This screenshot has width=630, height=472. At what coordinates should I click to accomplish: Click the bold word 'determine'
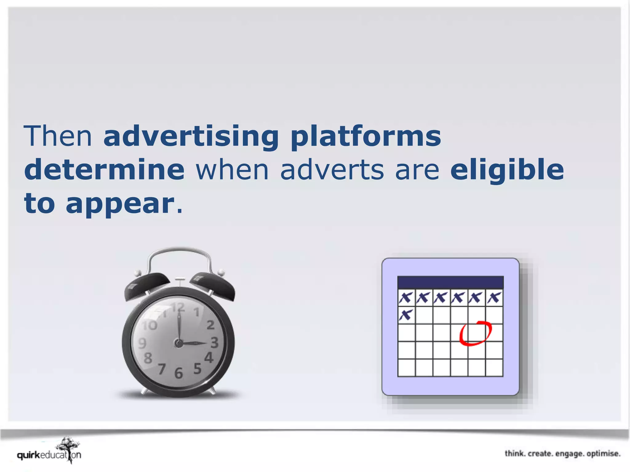104,170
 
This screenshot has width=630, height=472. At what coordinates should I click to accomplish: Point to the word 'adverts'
332,170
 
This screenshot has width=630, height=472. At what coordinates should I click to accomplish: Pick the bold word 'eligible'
507,170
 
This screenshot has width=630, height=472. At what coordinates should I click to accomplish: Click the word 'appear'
120,203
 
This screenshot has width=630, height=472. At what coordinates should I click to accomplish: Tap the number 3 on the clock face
214,342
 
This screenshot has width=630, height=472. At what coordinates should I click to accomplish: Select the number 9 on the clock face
142,343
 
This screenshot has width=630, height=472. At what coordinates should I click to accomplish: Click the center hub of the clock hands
178,343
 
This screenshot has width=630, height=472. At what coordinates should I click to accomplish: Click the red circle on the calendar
476,333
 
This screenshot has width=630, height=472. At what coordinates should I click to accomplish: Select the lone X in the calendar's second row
406,315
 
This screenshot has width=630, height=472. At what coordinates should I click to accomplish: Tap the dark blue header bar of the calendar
450,282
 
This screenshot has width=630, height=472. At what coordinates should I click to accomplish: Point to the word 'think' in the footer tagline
515,454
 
